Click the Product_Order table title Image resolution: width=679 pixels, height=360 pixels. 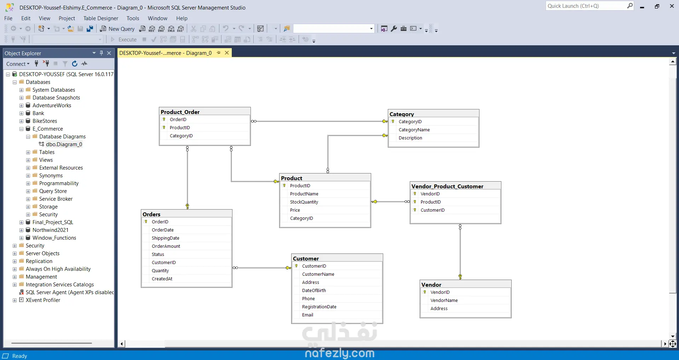click(180, 112)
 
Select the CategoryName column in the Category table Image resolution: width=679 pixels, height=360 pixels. click(414, 130)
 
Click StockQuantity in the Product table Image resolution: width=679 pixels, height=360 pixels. click(304, 202)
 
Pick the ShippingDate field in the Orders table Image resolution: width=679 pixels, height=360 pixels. click(165, 238)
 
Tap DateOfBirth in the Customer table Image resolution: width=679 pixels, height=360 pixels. click(314, 291)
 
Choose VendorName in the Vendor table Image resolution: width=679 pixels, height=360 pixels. click(444, 301)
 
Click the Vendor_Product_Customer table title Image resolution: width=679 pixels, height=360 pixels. click(447, 186)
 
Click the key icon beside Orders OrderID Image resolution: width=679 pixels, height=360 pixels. click(146, 222)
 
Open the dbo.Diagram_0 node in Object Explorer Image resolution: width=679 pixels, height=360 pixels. click(64, 144)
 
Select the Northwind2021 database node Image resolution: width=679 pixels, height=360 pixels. click(50, 230)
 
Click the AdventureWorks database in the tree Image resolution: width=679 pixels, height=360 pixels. click(52, 105)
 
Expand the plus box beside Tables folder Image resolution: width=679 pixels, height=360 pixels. click(28, 152)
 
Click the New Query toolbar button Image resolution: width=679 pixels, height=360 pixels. click(117, 29)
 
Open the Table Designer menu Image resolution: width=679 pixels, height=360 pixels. click(101, 18)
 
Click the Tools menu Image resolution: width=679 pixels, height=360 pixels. click(133, 18)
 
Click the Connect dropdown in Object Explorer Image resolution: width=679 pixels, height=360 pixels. click(18, 64)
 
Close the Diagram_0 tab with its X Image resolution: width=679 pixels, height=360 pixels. click(227, 53)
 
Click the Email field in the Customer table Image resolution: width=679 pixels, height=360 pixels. click(307, 315)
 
